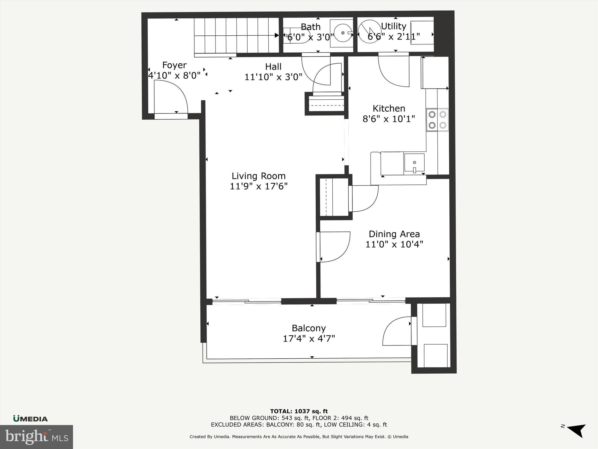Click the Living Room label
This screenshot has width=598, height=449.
(258, 176)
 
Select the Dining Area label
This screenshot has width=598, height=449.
(394, 234)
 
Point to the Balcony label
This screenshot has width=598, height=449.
(309, 328)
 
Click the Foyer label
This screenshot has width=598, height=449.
(174, 65)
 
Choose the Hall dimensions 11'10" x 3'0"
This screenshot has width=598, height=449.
(273, 77)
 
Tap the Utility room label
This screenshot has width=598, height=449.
(394, 26)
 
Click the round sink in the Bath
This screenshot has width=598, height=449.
(343, 33)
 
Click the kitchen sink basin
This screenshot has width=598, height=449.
(414, 163)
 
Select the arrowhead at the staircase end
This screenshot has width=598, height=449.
(277, 35)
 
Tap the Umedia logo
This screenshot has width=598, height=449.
(30, 419)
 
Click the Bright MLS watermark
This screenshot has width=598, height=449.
(36, 437)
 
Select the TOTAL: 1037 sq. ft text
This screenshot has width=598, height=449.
(299, 412)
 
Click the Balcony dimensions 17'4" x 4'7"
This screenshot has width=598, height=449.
(309, 339)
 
